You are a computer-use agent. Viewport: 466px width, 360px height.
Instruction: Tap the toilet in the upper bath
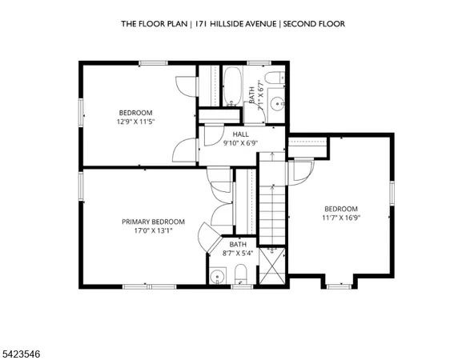click(x=273, y=78)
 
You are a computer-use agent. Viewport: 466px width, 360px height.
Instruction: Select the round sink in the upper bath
click(x=276, y=102)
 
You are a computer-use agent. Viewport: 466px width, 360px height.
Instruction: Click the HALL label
click(x=239, y=134)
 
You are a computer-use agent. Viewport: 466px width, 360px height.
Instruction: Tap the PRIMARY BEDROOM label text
click(x=153, y=222)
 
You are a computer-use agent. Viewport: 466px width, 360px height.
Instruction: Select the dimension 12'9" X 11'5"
click(x=135, y=122)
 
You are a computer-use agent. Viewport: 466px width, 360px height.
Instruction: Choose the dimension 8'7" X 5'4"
click(x=238, y=254)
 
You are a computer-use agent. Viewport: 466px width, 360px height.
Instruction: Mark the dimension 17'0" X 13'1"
click(x=153, y=230)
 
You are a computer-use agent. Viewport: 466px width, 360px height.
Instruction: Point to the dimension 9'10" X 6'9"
click(x=240, y=143)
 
